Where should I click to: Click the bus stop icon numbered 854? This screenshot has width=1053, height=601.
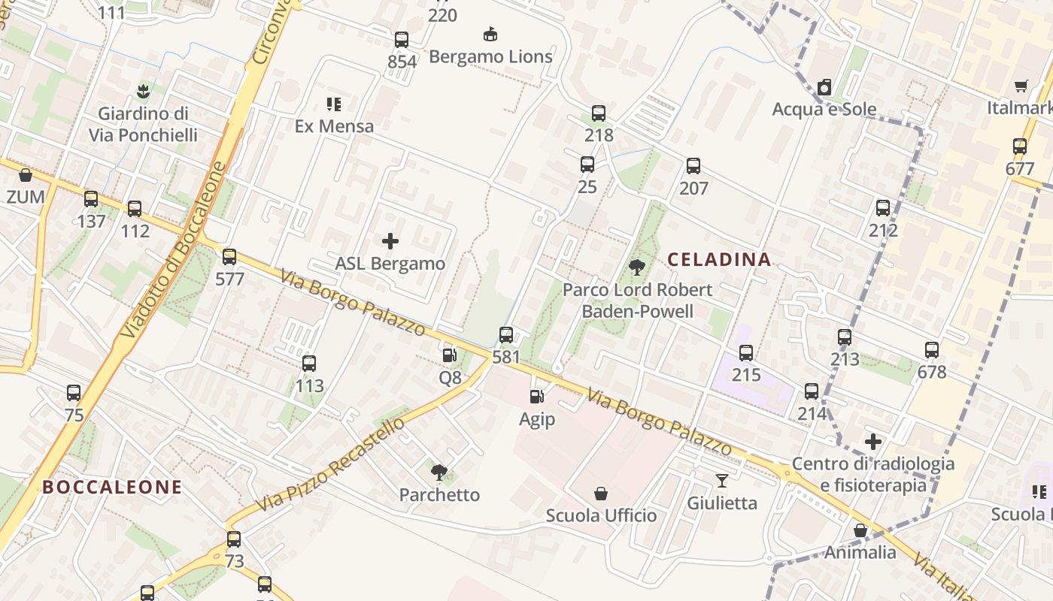click(x=402, y=40)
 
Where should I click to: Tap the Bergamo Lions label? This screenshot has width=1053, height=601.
click(x=490, y=56)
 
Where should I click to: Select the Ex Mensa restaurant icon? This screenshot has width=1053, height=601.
click(x=334, y=104)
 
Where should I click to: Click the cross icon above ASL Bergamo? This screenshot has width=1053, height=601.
click(x=390, y=241)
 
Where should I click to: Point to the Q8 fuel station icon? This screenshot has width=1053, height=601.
click(x=449, y=355)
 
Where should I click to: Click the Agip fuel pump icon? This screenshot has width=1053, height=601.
click(x=536, y=397)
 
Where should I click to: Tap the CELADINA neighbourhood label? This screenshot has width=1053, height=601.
click(x=719, y=260)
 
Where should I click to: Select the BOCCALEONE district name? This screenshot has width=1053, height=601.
click(x=112, y=487)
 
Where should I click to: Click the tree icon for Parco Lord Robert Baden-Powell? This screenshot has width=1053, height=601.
click(x=637, y=267)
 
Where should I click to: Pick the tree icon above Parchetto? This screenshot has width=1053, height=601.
click(x=439, y=472)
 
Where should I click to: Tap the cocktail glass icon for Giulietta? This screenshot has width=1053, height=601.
click(x=722, y=480)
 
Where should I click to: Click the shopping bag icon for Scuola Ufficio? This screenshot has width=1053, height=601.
click(x=601, y=494)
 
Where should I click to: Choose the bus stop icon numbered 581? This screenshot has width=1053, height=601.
click(x=506, y=335)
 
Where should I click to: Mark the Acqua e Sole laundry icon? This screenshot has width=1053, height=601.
click(x=824, y=87)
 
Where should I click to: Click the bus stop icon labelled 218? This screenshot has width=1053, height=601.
click(x=599, y=113)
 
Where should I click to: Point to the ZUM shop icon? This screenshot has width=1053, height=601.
click(x=26, y=175)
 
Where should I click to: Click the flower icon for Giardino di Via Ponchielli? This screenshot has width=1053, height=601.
click(x=143, y=92)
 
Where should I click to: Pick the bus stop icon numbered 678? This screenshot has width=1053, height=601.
click(x=932, y=350)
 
